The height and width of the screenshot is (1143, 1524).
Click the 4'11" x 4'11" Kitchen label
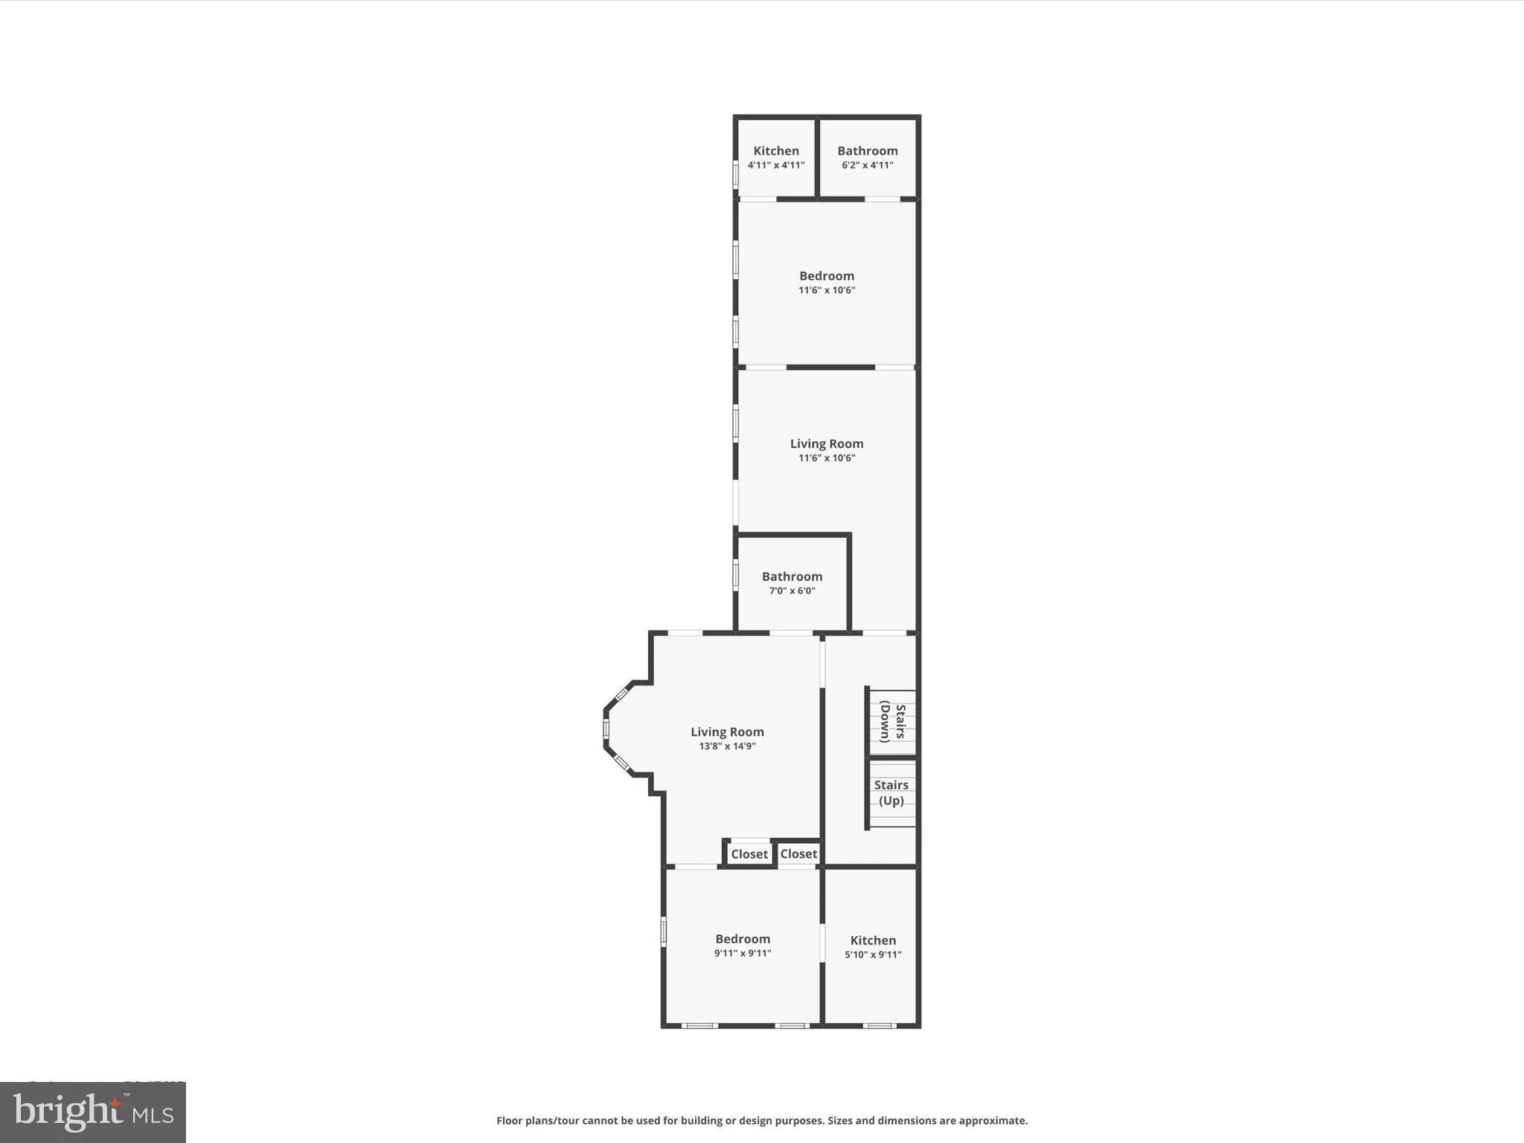tap(776, 157)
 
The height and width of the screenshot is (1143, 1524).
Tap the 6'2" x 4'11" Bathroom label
tap(867, 157)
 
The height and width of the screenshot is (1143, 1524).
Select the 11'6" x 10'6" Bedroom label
tap(827, 282)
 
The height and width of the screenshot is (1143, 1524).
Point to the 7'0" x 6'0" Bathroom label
tap(792, 583)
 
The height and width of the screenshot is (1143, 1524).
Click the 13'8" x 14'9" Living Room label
tap(727, 738)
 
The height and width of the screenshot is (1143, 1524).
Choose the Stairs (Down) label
tap(892, 723)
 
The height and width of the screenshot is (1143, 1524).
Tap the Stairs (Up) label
tap(891, 793)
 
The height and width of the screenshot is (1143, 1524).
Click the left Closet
tap(749, 854)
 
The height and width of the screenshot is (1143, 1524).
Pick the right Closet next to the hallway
tap(798, 854)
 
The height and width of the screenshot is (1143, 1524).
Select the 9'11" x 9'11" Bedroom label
tap(743, 945)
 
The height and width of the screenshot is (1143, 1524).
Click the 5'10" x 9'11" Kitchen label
tap(873, 947)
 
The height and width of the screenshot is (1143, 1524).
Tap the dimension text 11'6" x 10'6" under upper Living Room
tap(827, 458)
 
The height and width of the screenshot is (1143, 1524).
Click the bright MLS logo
tap(93, 1112)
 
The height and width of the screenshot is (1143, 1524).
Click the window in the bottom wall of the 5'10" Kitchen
tap(879, 1026)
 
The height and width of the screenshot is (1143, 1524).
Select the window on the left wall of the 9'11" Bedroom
tap(664, 932)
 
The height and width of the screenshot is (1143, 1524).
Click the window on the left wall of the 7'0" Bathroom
tap(736, 575)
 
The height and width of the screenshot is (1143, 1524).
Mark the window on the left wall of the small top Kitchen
tap(736, 175)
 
